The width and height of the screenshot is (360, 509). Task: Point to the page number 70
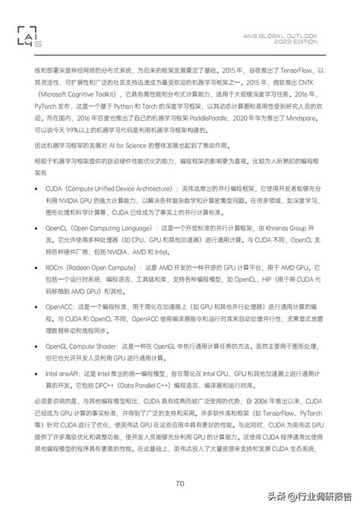[x=180, y=462]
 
